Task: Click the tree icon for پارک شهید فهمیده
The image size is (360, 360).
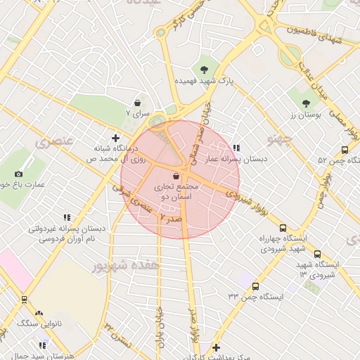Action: pos(204,69)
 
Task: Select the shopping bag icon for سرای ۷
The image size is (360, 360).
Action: pos(144,103)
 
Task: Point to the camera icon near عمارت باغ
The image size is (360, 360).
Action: pos(18,174)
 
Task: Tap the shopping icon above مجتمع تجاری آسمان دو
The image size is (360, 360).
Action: pos(176,176)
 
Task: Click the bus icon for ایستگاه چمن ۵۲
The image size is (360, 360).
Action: pos(345,150)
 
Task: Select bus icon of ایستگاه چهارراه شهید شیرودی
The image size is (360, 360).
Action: pos(283,228)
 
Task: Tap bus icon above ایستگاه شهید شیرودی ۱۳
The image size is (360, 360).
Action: pos(317,254)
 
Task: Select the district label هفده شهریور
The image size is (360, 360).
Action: pos(121,266)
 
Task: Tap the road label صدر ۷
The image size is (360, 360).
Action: pos(172,219)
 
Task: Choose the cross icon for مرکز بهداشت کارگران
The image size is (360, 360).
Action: pos(216,347)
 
